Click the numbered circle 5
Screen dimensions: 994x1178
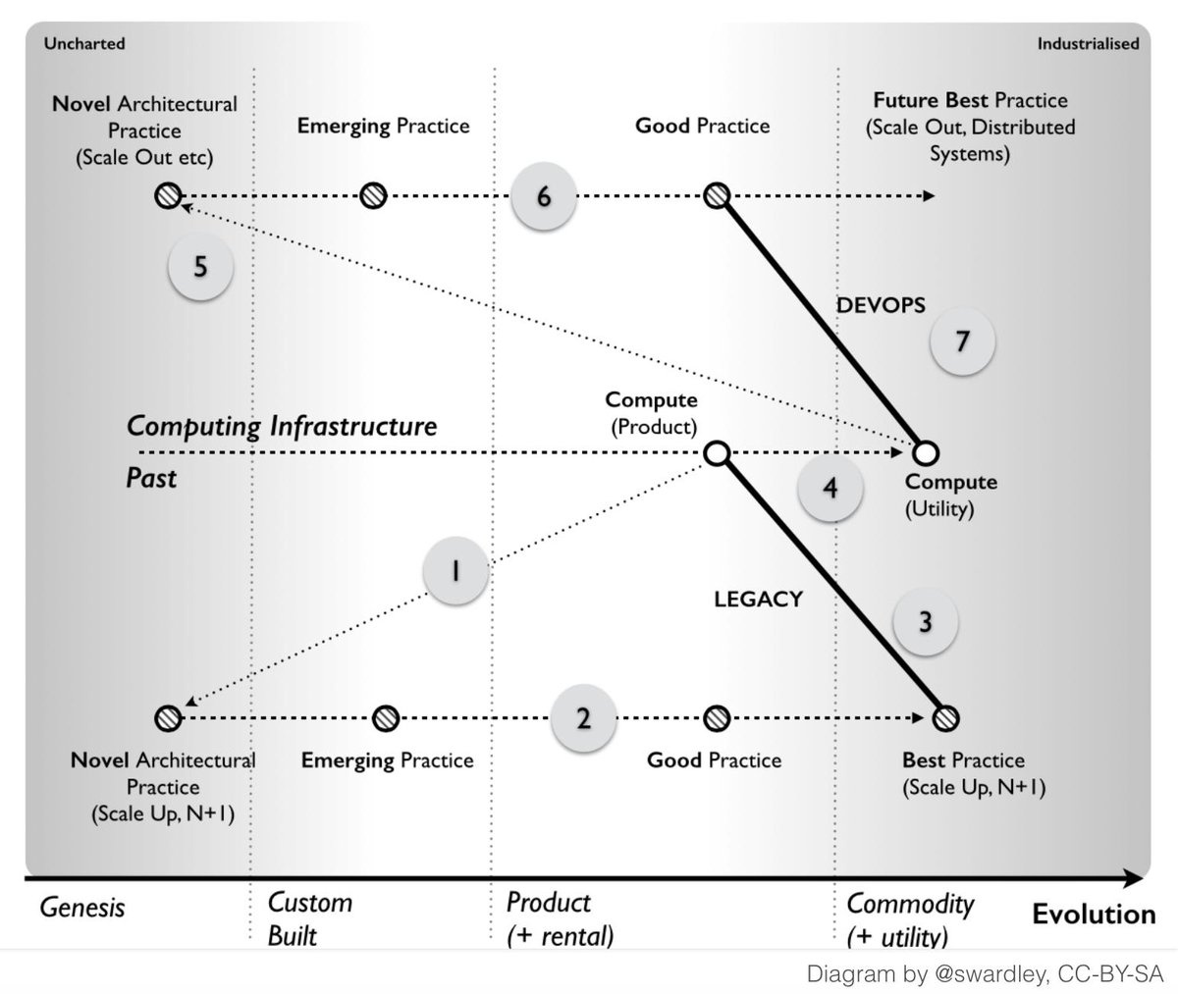[200, 267]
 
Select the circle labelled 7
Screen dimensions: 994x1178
[962, 341]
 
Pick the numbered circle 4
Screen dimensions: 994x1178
[830, 488]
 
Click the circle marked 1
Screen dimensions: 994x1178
[455, 572]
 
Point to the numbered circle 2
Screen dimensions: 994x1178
[583, 717]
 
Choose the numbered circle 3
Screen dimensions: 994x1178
[925, 621]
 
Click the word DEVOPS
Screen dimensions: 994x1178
[881, 305]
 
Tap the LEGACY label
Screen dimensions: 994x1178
[758, 599]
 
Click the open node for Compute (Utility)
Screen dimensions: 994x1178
[926, 453]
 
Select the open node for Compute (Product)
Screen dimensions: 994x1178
[717, 453]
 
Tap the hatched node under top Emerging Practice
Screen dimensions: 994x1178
[372, 196]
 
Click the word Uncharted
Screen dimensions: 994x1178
[84, 43]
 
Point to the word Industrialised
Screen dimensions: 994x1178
[1088, 43]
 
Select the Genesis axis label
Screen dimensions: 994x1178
[82, 907]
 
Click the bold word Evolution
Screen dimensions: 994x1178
[1094, 915]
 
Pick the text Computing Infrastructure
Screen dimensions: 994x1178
[282, 427]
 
